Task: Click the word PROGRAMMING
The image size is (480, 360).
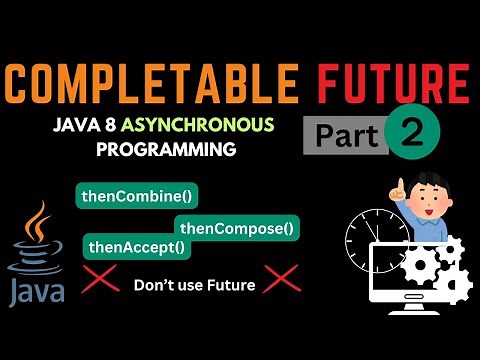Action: [x=166, y=150]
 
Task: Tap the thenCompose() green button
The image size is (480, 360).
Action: [x=238, y=229]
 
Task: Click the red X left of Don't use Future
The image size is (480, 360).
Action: [x=100, y=283]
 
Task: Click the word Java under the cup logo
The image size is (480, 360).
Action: [x=37, y=291]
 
